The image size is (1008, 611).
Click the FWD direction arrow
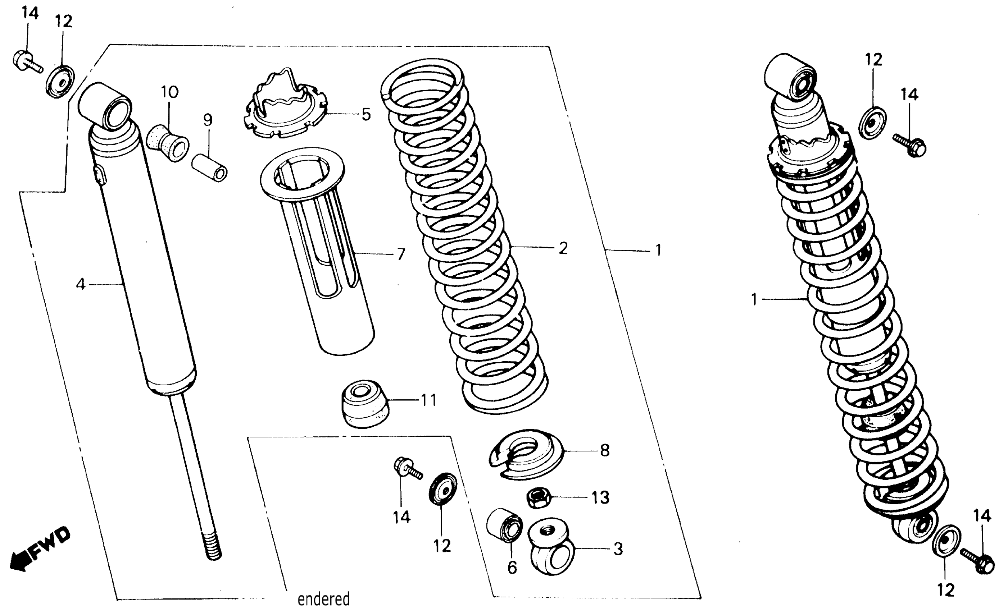coord(39,550)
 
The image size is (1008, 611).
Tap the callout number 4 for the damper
coord(81,284)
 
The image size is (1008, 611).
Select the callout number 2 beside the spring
coord(563,248)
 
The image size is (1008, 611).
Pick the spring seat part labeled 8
coord(526,454)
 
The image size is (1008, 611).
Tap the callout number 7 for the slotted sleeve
coord(401,254)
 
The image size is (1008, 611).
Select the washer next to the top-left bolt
coord(60,81)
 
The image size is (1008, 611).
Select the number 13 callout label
coord(600,497)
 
